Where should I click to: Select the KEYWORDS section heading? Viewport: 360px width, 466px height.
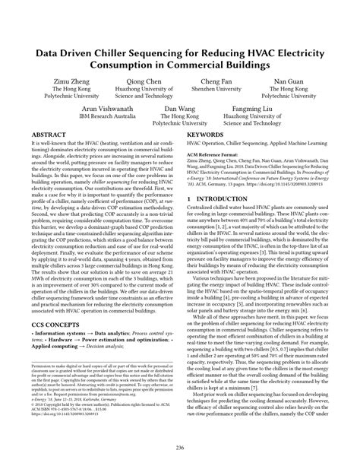click(207, 134)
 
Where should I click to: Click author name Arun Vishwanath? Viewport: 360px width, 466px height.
click(98, 109)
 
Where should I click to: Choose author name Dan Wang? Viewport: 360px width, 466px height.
click(180, 109)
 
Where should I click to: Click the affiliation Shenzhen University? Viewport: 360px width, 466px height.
click(216, 88)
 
